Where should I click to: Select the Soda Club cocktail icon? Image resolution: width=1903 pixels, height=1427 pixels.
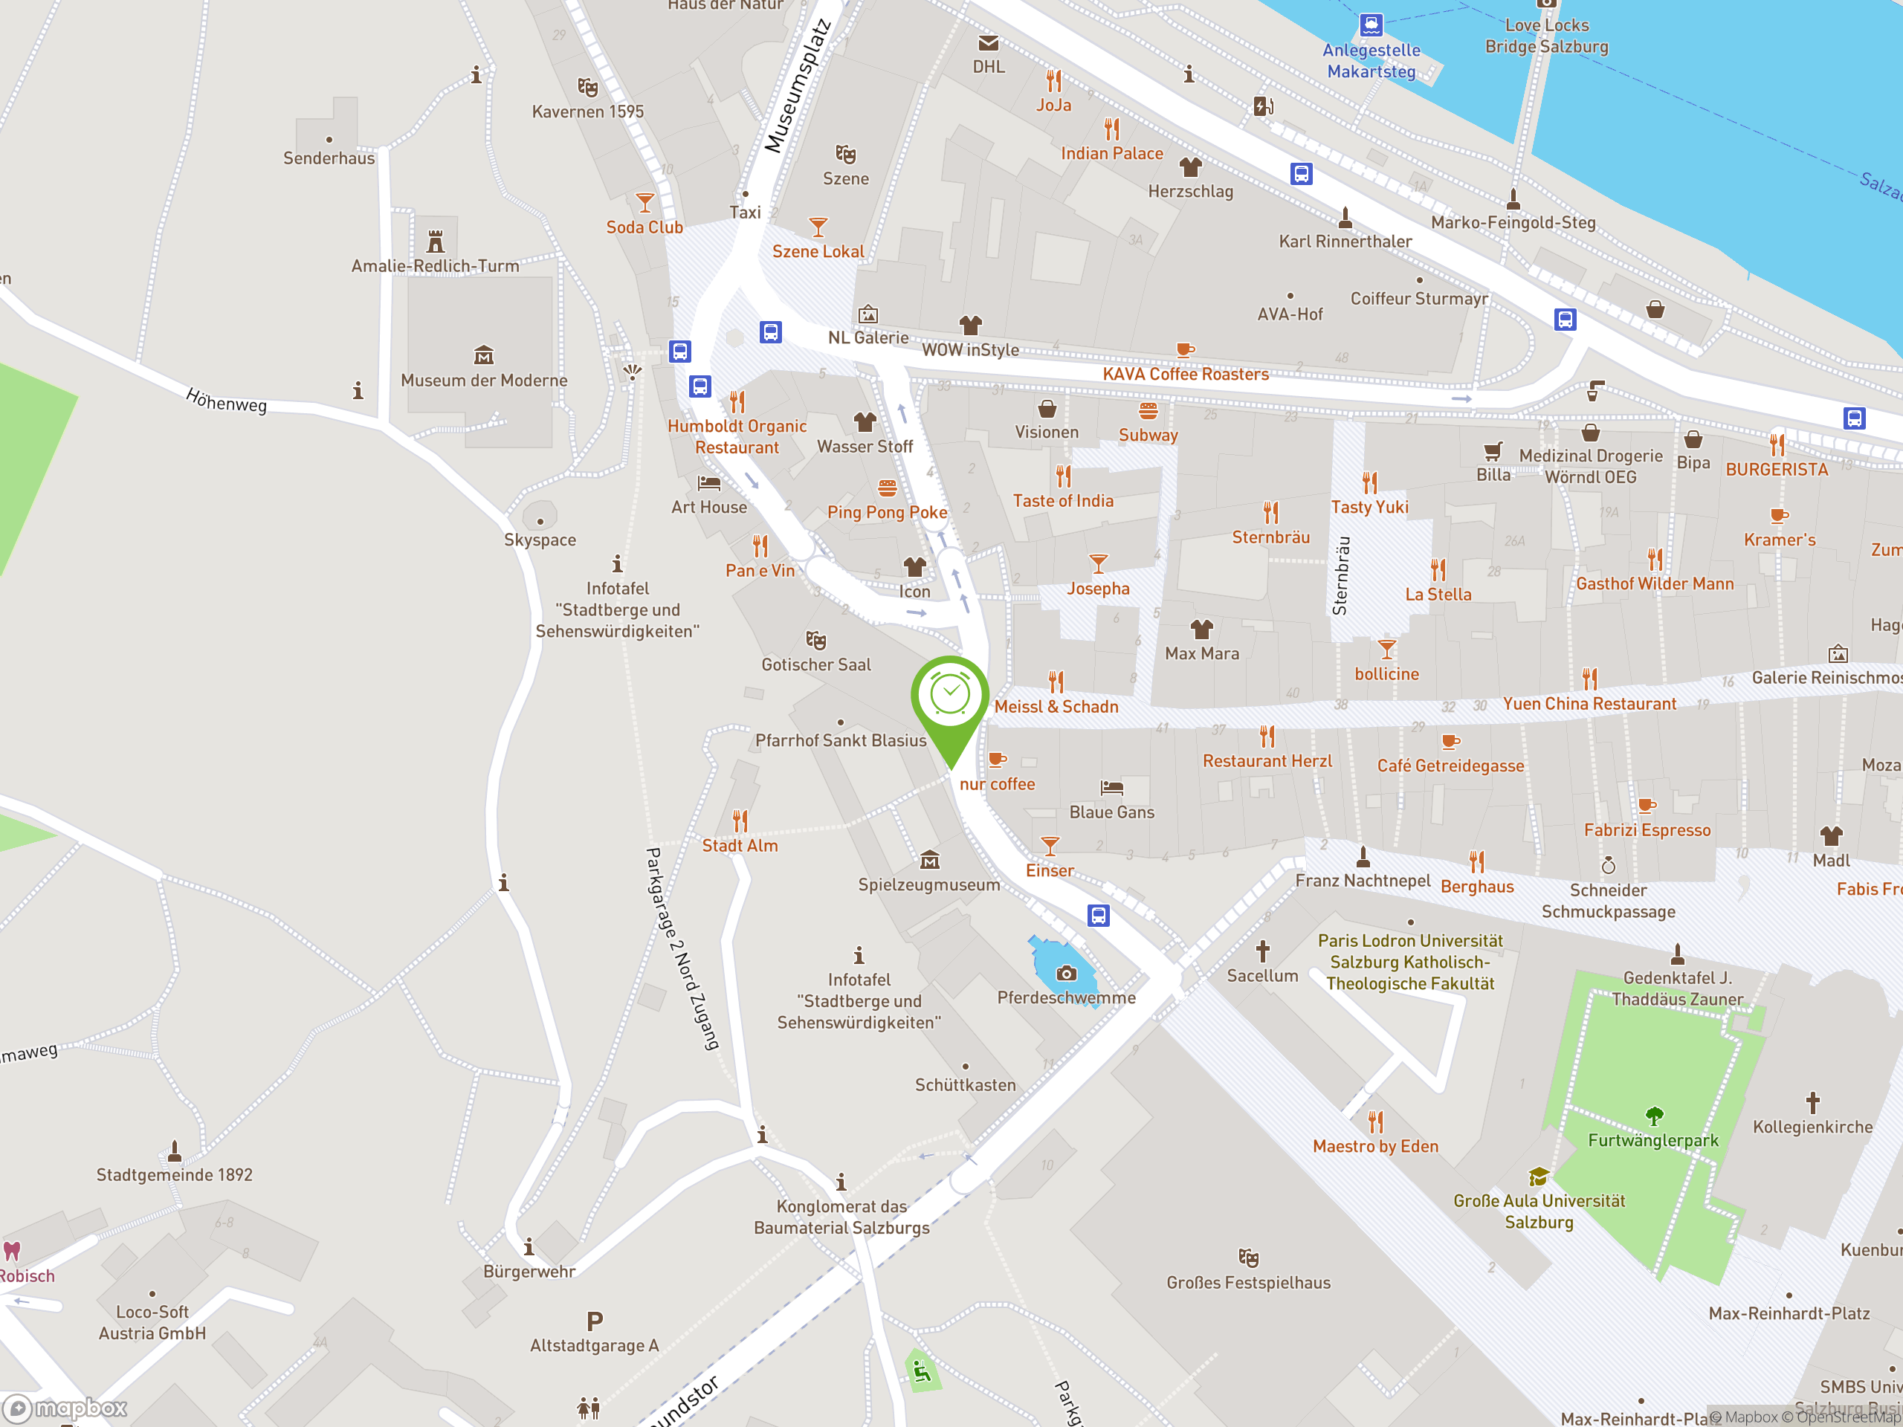point(644,203)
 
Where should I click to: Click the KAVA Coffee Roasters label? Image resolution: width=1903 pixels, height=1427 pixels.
point(1186,374)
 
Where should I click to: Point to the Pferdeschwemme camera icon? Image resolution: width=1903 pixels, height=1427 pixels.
point(1067,973)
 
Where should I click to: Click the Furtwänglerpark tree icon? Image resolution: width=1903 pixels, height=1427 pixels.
point(1653,1116)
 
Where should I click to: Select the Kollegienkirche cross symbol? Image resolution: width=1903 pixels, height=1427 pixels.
point(1812,1103)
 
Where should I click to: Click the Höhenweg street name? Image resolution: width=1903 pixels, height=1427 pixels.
point(226,401)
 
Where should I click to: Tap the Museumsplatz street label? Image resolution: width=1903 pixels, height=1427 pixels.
point(798,87)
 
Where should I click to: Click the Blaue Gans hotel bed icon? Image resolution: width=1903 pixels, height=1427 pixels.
point(1111,787)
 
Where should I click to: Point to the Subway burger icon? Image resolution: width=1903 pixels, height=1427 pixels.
point(1148,410)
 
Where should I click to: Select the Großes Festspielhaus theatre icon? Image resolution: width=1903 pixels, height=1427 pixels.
point(1248,1258)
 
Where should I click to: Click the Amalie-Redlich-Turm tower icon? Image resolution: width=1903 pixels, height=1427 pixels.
point(436,241)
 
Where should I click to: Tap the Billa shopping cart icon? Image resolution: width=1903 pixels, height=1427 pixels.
point(1493,450)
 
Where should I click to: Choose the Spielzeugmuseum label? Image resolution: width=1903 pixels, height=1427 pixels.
point(928,884)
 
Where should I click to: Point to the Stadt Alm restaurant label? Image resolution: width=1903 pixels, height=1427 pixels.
point(740,846)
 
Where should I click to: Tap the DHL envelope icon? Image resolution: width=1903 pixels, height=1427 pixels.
point(989,43)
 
